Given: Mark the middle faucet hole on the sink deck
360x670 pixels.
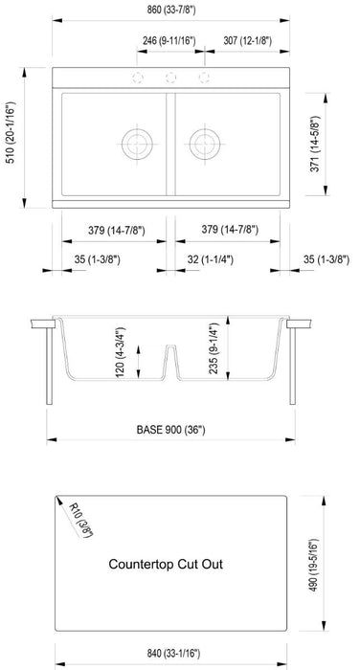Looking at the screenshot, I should tap(171, 78).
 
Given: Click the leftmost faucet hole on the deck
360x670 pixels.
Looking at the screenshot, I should tap(140, 78).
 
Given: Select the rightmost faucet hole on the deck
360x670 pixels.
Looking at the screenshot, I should tap(203, 78).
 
